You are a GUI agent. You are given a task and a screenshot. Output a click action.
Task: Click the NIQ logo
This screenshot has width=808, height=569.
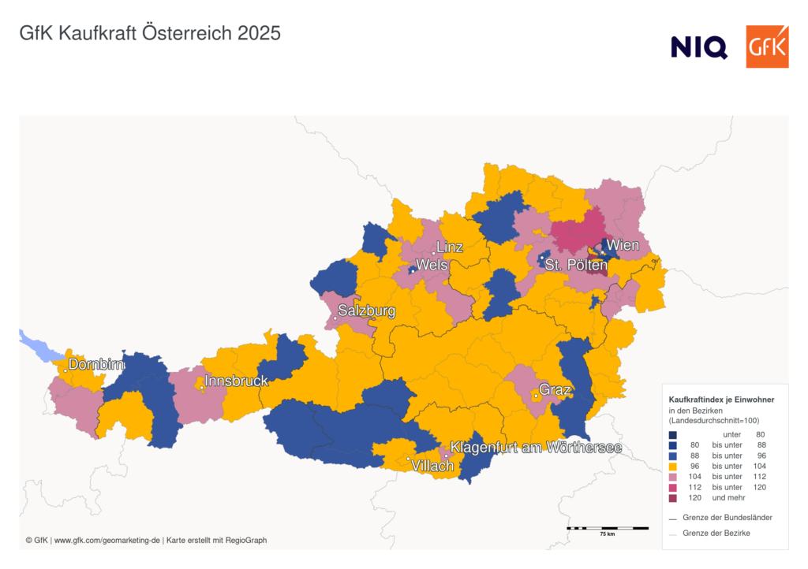click(698, 47)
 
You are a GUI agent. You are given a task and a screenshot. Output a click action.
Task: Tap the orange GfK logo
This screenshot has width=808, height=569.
click(767, 46)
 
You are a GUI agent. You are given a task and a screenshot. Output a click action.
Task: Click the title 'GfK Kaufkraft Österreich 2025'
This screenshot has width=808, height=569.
click(150, 34)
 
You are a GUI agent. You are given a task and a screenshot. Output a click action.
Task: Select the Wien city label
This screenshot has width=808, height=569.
click(623, 246)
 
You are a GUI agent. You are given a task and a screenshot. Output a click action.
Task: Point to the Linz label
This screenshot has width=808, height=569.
click(450, 247)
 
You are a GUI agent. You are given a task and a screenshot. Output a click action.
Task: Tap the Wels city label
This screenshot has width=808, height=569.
click(432, 265)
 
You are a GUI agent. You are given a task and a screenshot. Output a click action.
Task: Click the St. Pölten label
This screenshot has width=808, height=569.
click(576, 266)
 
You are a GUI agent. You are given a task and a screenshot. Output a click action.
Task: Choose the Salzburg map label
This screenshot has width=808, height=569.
click(367, 311)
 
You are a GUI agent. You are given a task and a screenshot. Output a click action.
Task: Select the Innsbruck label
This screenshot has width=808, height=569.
click(237, 381)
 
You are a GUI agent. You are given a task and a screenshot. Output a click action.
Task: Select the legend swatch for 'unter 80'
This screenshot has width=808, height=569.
click(672, 434)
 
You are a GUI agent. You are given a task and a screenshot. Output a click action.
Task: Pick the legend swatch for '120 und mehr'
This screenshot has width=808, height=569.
click(672, 498)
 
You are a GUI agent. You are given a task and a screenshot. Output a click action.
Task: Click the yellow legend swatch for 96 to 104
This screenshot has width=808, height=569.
click(672, 466)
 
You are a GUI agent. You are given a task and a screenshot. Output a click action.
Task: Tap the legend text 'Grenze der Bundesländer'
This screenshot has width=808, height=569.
click(727, 518)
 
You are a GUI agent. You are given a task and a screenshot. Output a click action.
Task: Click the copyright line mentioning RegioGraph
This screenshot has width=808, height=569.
click(146, 541)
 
